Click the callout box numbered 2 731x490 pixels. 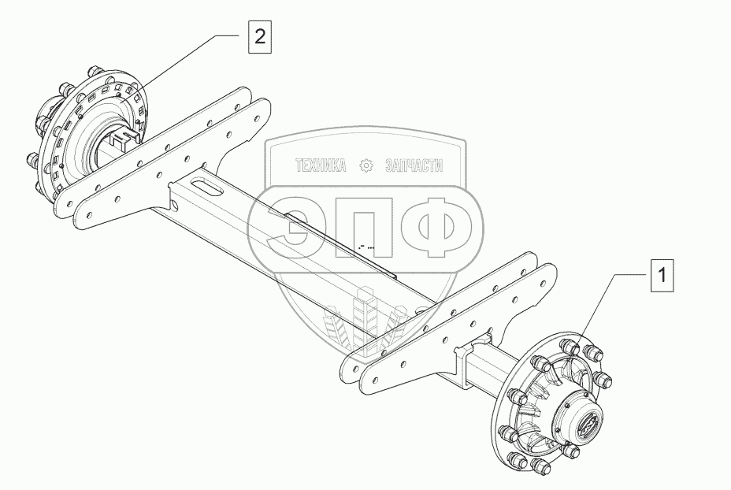[260, 37]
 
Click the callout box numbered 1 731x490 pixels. [662, 275]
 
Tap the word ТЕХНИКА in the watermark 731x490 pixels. [321, 165]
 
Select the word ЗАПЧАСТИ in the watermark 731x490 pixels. [414, 165]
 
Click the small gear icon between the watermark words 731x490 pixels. [365, 165]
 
